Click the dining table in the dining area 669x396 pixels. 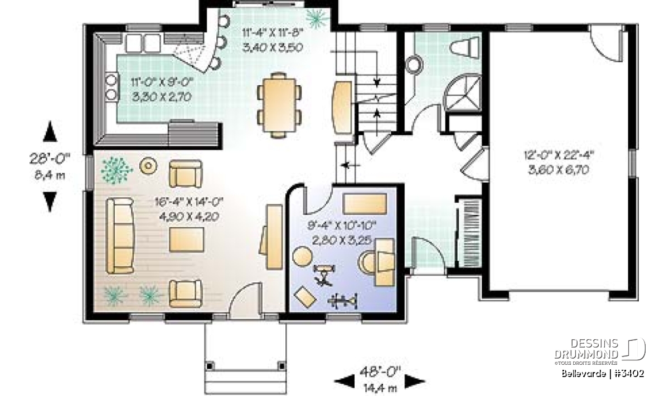tap(279, 105)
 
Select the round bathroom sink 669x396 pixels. tap(414, 65)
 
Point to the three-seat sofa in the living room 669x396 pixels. tap(120, 236)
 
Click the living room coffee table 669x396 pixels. tap(187, 239)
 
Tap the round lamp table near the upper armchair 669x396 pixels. tap(148, 165)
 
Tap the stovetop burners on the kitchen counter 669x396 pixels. tap(111, 87)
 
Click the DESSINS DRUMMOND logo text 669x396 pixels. tap(586, 349)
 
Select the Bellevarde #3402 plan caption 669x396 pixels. tap(603, 374)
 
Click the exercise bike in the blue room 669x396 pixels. tap(323, 275)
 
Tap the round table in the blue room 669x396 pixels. tap(303, 256)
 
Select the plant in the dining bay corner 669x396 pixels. tap(317, 18)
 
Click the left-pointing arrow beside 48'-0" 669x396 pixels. tap(345, 382)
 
